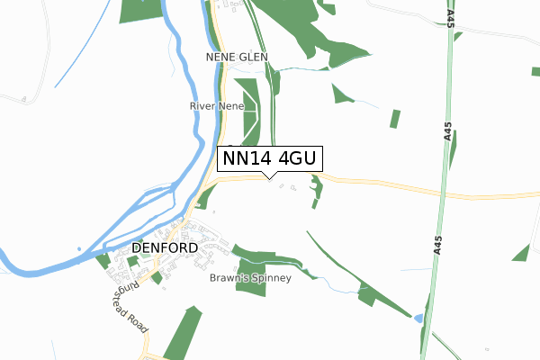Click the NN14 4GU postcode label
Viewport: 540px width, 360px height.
pos(268,158)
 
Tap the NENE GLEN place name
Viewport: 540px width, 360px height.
pos(238,56)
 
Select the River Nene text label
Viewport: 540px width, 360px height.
pos(217,106)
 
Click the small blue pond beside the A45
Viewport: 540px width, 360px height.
pos(418,319)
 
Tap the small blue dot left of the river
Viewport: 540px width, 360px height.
pos(79,249)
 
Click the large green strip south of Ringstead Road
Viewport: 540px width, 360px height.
pos(182,333)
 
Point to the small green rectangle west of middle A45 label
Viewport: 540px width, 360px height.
pos(395,118)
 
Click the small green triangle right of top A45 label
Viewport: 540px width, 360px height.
pos(458,37)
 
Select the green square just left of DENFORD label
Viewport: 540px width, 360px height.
pos(103,259)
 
